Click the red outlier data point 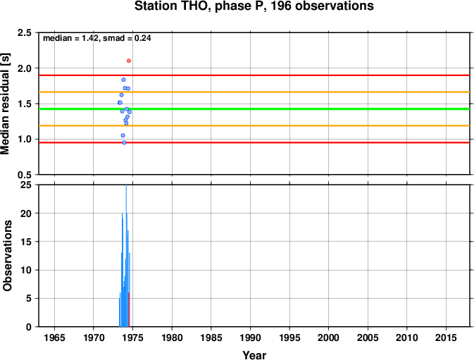click(x=129, y=61)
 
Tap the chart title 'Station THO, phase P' click(x=200, y=6)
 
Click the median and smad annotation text click(x=97, y=38)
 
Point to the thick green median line click(x=254, y=108)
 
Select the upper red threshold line click(x=254, y=75)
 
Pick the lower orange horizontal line click(x=254, y=125)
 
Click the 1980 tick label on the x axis click(x=172, y=337)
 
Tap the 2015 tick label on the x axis click(x=446, y=337)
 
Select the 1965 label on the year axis click(x=54, y=337)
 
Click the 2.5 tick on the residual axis click(x=25, y=32)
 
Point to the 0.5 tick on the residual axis click(x=25, y=175)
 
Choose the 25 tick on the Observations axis click(x=26, y=185)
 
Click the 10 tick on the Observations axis click(x=26, y=270)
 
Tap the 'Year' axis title click(x=254, y=355)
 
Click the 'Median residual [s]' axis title click(x=6, y=104)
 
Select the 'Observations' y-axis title click(x=7, y=256)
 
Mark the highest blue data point click(x=123, y=80)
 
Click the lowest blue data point click(x=124, y=142)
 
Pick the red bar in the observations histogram click(x=129, y=309)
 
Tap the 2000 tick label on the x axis click(x=329, y=337)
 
